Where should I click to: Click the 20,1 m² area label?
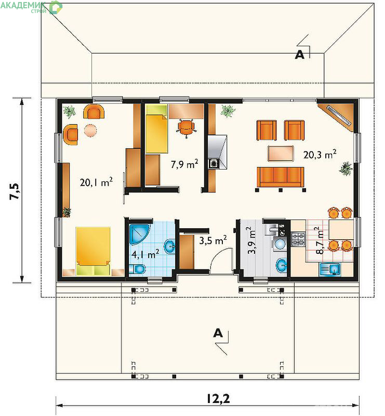pos(96,182)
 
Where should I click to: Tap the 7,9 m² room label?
pos(184,164)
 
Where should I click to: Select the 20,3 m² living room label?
pos(320,154)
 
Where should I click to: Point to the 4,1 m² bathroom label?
pos(145,254)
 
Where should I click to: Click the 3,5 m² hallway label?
pos(213,240)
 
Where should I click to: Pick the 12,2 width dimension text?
pos(218,399)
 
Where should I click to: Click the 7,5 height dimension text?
pos(15,191)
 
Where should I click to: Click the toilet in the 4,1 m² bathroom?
pos(137,269)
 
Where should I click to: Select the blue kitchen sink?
pos(330,269)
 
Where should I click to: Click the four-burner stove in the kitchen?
pos(298,239)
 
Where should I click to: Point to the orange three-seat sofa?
pos(280,177)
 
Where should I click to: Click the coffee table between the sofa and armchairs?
pos(281,153)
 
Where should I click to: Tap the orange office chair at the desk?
pos(187,128)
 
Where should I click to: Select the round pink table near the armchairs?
pos(90,131)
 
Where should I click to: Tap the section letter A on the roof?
pos(300,55)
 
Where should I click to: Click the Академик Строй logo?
pos(31,7)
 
